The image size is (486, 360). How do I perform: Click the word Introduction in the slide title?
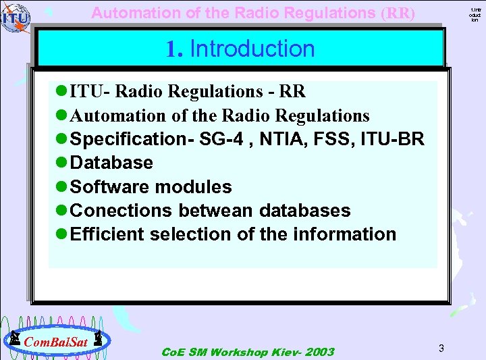click(252, 49)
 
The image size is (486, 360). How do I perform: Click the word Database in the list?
click(111, 163)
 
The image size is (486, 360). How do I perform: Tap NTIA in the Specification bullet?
click(292, 139)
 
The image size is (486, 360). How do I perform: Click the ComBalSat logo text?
click(55, 342)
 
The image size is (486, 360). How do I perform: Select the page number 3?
click(441, 348)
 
